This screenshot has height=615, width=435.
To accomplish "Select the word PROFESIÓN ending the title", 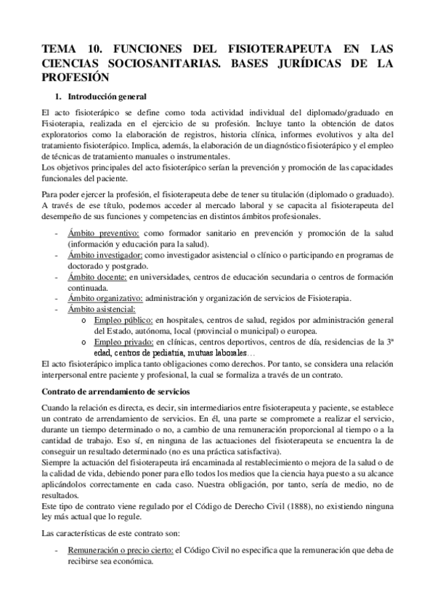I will pos(75,77).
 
